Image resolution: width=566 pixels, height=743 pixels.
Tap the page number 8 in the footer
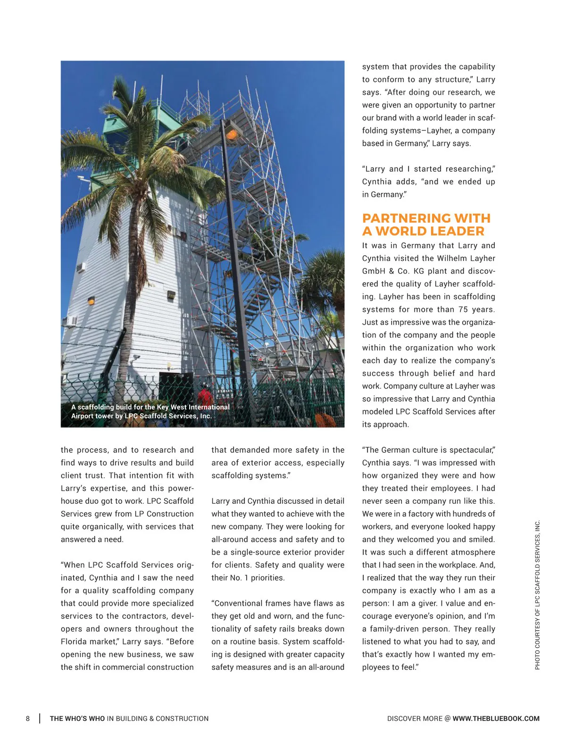tap(28, 718)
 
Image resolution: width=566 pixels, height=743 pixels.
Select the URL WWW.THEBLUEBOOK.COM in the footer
tap(496, 718)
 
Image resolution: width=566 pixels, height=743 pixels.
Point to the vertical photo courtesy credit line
tap(537, 594)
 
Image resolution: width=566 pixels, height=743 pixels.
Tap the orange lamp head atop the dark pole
tap(231, 134)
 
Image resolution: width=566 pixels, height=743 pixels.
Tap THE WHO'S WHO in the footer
tap(77, 718)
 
